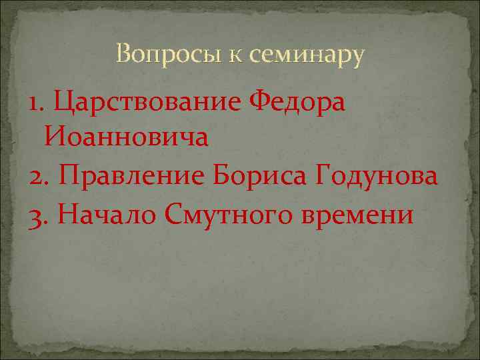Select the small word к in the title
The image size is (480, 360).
[x=237, y=56]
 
